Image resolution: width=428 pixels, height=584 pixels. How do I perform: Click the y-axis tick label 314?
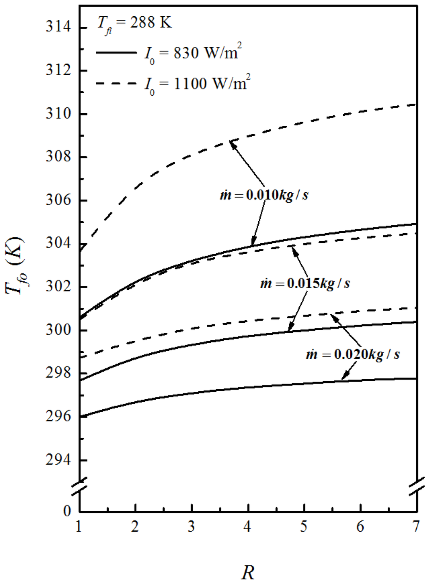tap(58, 27)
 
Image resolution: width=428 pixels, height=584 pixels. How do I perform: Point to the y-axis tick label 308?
tap(58, 157)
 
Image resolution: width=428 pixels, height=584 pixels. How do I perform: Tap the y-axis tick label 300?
tap(58, 330)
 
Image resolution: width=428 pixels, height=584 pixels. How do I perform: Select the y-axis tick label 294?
tap(58, 460)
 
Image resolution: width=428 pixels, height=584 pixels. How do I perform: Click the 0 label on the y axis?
tap(67, 511)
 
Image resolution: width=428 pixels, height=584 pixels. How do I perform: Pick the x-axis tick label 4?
tap(247, 526)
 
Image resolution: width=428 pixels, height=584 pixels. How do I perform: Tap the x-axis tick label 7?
tap(416, 526)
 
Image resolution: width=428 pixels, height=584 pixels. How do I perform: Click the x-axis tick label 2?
tap(135, 526)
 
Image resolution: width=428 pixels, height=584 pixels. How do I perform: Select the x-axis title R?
tap(247, 572)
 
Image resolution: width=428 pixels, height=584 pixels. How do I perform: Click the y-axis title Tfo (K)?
tap(15, 266)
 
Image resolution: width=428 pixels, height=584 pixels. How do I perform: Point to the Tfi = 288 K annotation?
tap(134, 23)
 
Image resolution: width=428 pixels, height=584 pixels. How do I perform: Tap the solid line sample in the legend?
tap(116, 53)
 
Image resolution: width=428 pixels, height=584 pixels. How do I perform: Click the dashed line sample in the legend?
tap(116, 84)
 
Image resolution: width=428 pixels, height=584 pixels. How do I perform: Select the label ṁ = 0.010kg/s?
tap(264, 195)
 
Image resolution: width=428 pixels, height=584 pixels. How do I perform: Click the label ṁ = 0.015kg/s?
tap(305, 283)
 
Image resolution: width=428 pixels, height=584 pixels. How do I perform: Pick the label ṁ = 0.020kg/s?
tap(353, 354)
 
